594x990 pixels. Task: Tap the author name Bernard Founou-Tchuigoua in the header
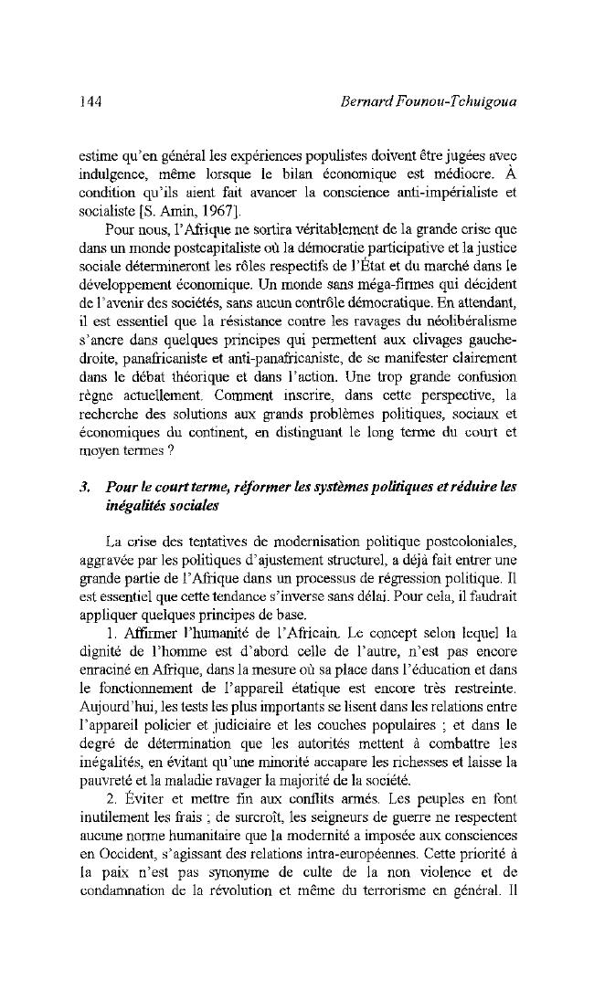click(427, 101)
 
